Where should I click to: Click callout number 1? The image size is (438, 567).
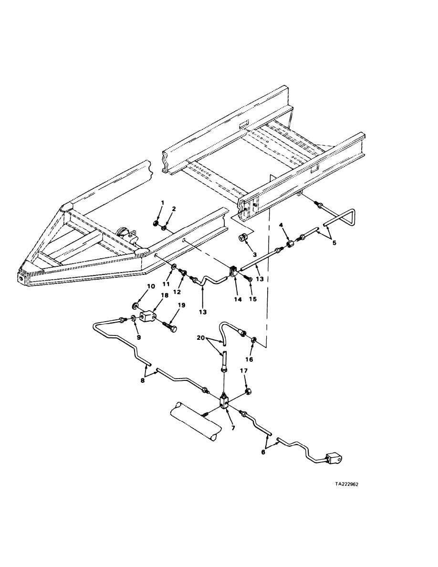click(x=162, y=202)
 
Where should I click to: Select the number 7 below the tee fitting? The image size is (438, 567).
click(x=233, y=428)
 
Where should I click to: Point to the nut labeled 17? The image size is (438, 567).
click(x=248, y=392)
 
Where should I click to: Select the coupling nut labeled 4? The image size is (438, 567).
click(x=290, y=244)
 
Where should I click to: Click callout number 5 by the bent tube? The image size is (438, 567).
click(x=334, y=242)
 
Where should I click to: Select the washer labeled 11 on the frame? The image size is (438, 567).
click(x=174, y=265)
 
